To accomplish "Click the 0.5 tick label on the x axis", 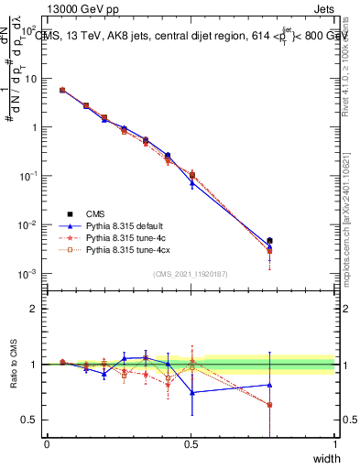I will (x=191, y=444).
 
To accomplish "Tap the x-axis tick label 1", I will (x=334, y=444).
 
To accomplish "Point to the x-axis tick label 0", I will (x=47, y=444).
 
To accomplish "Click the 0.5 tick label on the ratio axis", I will (x=31, y=420).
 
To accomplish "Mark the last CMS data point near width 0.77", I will (x=269, y=241).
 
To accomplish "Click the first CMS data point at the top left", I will (x=62, y=90).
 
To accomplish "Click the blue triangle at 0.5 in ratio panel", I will (x=192, y=392).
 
